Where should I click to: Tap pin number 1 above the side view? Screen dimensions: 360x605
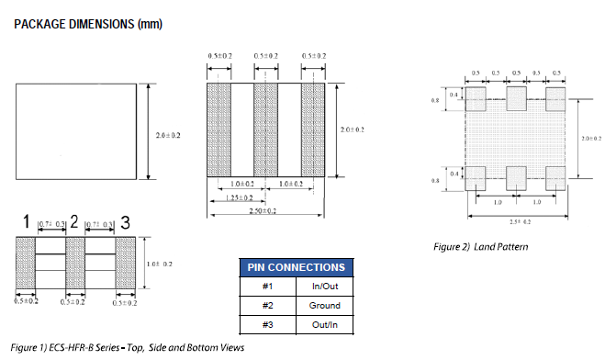point(28,221)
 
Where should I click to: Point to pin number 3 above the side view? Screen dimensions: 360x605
point(125,221)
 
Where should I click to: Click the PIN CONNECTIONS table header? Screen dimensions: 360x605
point(297,267)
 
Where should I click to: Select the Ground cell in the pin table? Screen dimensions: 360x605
point(324,306)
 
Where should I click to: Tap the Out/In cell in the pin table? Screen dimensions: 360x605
point(324,325)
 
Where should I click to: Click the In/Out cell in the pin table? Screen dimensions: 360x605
point(324,287)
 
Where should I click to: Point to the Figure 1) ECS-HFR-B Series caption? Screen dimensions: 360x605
point(129,349)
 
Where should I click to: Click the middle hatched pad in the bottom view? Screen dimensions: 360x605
point(265,130)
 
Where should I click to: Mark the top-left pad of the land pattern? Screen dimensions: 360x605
point(476,98)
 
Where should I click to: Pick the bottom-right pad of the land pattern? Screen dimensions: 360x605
point(555,177)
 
